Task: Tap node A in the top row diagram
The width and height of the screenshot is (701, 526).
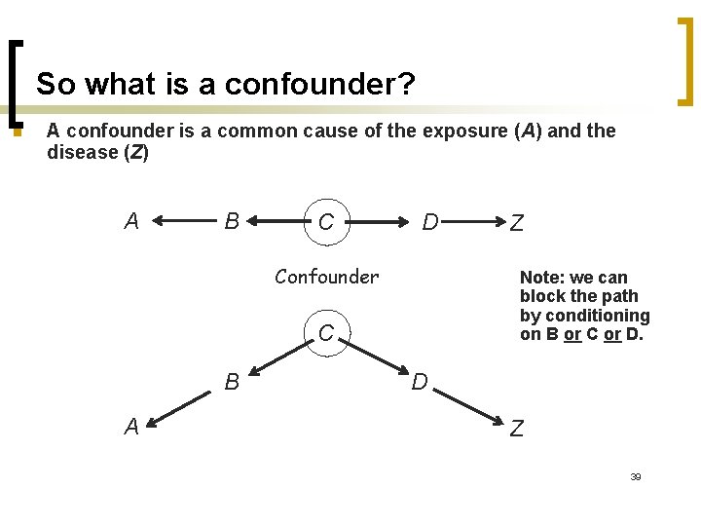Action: point(131,221)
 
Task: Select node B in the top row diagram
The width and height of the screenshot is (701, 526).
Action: point(233,221)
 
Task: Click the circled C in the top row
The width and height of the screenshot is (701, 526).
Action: point(326,222)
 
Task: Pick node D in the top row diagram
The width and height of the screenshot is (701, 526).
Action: point(429,222)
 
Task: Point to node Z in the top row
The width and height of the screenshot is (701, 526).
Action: point(517,223)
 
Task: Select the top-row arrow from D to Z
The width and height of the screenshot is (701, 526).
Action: point(473,222)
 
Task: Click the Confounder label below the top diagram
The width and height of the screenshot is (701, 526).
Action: point(326,277)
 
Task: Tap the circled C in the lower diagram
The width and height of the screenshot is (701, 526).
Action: point(326,332)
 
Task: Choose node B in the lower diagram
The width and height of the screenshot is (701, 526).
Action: point(233,381)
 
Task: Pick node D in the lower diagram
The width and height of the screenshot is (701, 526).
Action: point(420,381)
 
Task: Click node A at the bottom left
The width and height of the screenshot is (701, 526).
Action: point(131,427)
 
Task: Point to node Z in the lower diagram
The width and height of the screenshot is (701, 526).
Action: point(517,428)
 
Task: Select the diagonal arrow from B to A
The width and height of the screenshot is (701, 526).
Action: point(182,407)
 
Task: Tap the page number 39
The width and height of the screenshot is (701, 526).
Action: point(635,477)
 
